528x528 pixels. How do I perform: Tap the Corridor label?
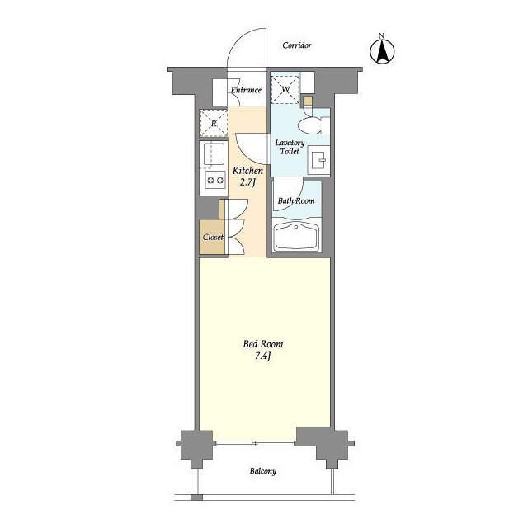297,45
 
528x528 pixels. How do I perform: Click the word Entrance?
246,90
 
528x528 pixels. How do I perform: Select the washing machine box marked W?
285,90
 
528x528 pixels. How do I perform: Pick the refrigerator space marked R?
214,123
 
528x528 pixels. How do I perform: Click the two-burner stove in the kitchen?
215,180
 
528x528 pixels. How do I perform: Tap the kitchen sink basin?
214,154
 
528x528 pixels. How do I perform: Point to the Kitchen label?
247,171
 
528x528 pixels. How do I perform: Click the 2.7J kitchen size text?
247,182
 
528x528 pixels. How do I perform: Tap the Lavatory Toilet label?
290,147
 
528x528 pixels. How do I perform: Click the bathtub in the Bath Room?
296,236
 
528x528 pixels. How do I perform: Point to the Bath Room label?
296,200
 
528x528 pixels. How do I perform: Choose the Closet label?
213,237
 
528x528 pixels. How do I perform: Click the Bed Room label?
263,344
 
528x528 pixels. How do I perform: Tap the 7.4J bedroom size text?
263,356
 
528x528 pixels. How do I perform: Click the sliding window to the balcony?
255,443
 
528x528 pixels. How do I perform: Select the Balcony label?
263,471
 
